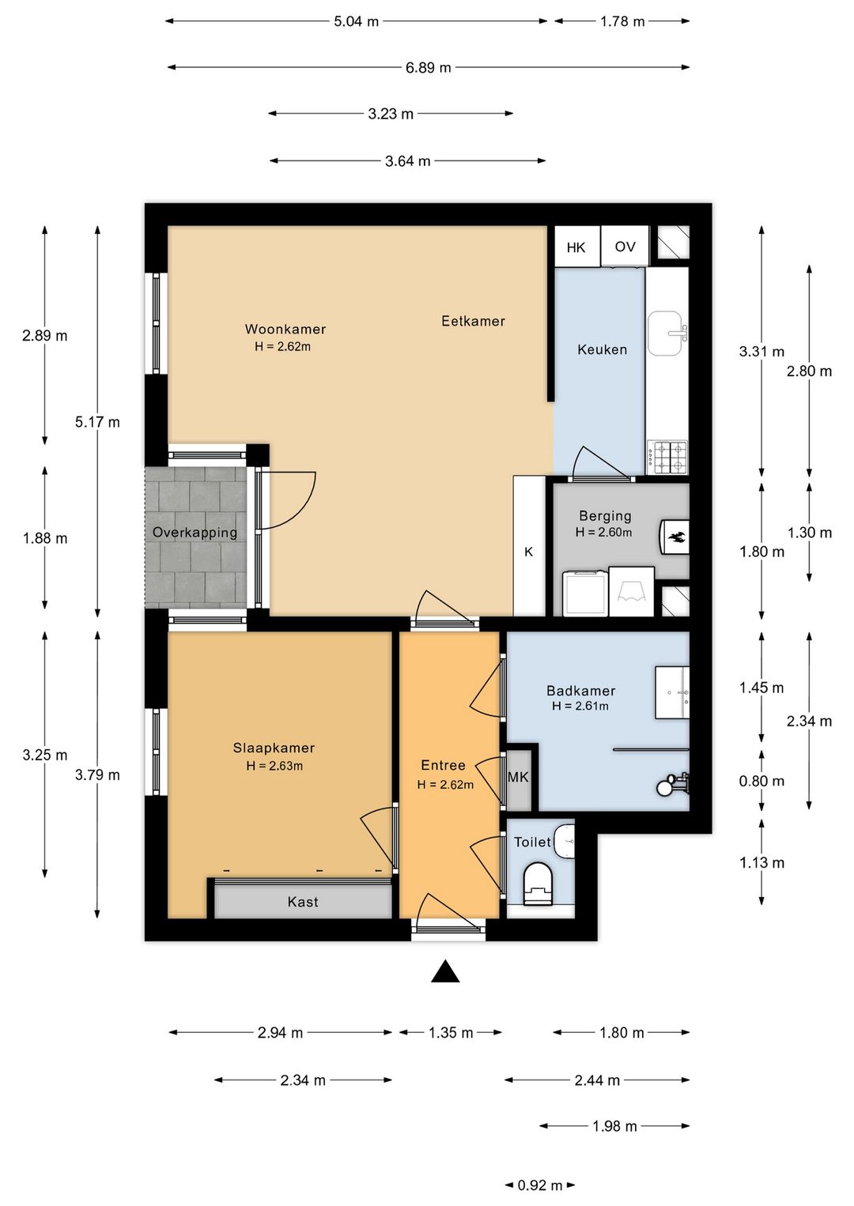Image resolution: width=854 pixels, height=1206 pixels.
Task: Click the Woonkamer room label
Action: click(285, 329)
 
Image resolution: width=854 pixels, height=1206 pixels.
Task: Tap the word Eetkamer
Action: click(473, 322)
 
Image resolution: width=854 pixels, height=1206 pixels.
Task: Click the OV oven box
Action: click(625, 246)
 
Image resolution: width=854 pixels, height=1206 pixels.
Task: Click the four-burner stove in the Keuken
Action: click(667, 458)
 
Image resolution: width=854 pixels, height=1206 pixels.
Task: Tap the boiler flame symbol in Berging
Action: click(675, 537)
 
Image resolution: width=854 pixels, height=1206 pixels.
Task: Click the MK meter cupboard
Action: click(518, 778)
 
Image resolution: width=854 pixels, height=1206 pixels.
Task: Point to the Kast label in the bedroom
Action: click(303, 902)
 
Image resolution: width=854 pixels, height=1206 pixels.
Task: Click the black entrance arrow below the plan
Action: click(445, 971)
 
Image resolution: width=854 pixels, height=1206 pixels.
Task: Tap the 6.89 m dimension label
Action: click(429, 68)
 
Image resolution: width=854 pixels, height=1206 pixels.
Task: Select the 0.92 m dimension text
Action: click(540, 1185)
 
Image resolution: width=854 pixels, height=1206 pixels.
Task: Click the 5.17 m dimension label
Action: click(97, 422)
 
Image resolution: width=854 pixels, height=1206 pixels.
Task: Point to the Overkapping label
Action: click(195, 533)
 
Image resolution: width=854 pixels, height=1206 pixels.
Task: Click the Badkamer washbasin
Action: click(672, 692)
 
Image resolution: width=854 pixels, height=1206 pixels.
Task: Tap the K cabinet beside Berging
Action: click(529, 546)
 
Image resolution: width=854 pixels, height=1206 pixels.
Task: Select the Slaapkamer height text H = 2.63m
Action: click(274, 766)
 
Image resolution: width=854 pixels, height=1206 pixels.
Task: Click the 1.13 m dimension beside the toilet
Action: click(761, 863)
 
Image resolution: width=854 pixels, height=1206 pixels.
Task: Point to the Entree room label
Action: click(443, 766)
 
